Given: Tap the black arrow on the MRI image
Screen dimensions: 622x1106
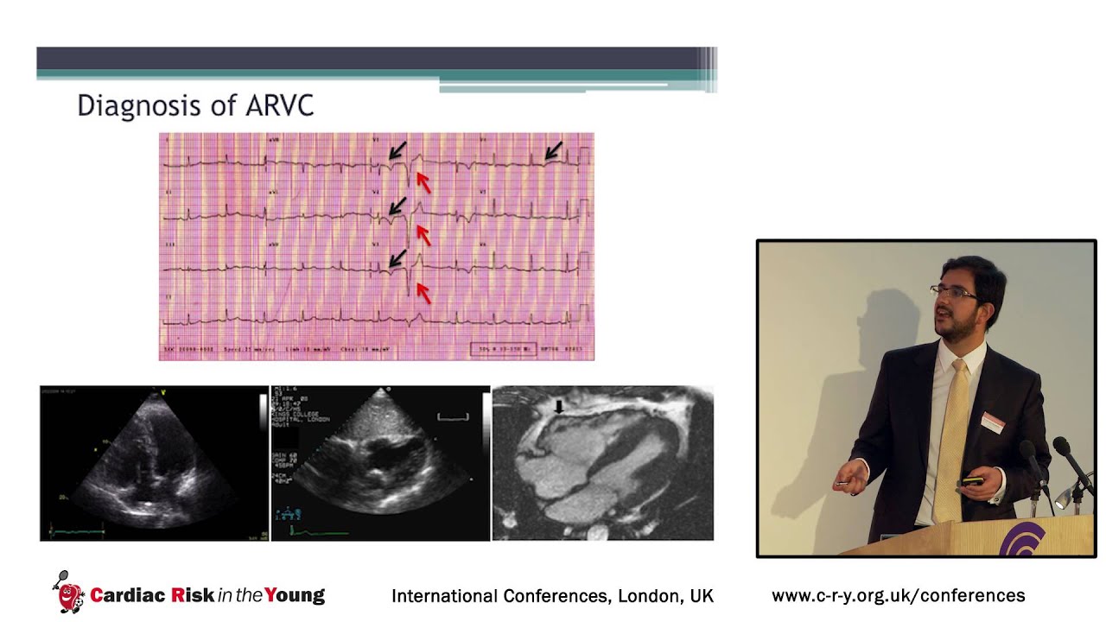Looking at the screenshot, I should point(559,405).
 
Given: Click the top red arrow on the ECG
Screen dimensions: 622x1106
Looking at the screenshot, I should point(423,181).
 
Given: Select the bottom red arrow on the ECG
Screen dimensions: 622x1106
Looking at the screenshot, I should point(423,292).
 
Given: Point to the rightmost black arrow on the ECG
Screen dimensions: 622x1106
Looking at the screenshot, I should point(553,151).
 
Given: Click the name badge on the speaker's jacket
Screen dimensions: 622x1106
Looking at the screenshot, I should point(994,422).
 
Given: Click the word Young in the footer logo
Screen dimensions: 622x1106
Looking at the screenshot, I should point(295,595).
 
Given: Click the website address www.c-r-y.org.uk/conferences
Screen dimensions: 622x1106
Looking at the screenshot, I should point(898,595).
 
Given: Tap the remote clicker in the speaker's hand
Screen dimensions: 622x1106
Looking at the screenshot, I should point(972,481).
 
